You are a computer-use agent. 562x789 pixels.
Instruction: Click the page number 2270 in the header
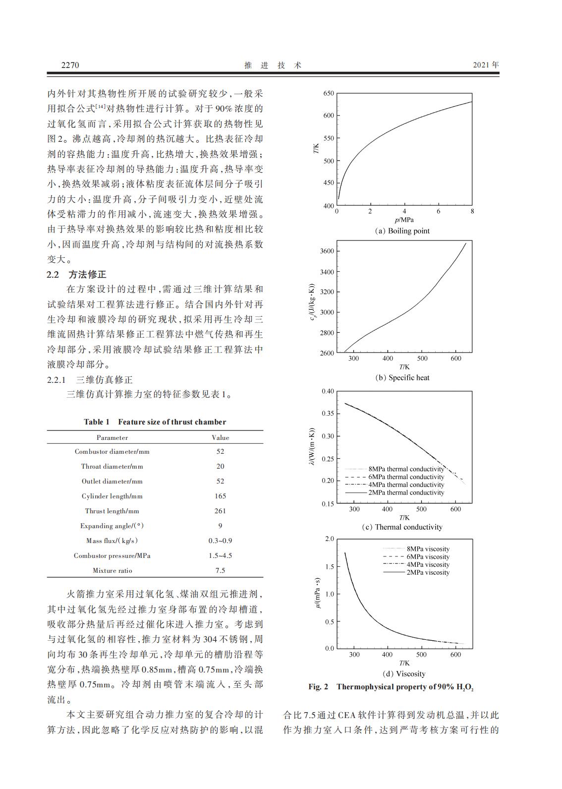pyautogui.click(x=70, y=65)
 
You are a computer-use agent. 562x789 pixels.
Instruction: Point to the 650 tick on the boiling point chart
pyautogui.click(x=328, y=93)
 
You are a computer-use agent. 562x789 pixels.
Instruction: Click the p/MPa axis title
pyautogui.click(x=404, y=220)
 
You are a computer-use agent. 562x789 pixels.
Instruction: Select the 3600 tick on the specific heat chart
pyautogui.click(x=327, y=251)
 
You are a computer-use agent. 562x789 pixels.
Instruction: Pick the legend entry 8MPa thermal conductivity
pyautogui.click(x=406, y=469)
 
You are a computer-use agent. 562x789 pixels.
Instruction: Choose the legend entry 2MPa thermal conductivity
pyautogui.click(x=406, y=493)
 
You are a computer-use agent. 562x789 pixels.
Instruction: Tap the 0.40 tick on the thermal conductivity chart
pyautogui.click(x=328, y=391)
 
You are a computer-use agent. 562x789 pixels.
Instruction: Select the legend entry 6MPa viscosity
pyautogui.click(x=428, y=557)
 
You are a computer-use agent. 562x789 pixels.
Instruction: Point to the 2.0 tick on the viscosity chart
pyautogui.click(x=329, y=539)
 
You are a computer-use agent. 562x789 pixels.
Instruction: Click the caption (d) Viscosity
pyautogui.click(x=404, y=673)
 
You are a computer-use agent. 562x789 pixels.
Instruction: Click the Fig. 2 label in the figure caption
pyautogui.click(x=318, y=687)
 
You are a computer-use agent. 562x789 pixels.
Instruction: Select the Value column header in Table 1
pyautogui.click(x=220, y=437)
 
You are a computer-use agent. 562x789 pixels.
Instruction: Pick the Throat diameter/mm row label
pyautogui.click(x=112, y=466)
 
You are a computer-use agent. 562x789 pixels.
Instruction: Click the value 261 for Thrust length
pyautogui.click(x=220, y=511)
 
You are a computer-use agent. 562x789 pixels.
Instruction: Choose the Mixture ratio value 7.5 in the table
pyautogui.click(x=220, y=570)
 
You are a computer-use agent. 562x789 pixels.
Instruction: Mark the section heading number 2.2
pyautogui.click(x=53, y=275)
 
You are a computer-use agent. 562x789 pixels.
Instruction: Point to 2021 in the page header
pyautogui.click(x=481, y=65)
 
